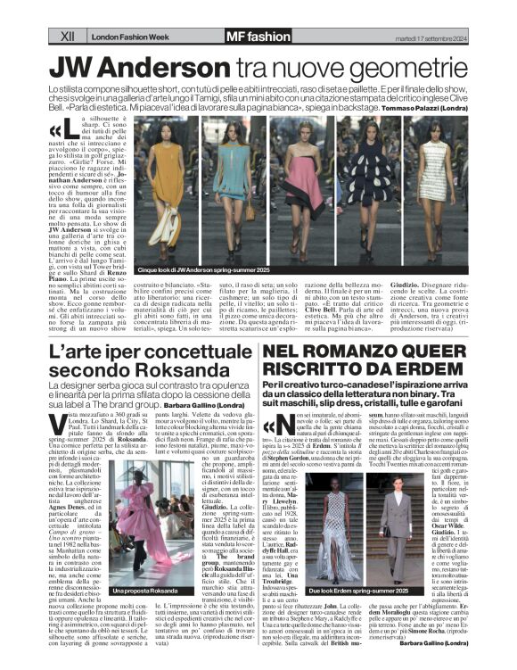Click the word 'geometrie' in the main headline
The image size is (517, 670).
(x=408, y=67)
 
